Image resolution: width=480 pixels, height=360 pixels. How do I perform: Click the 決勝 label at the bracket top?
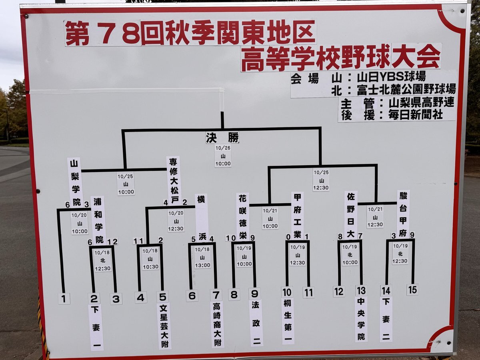tap(222, 138)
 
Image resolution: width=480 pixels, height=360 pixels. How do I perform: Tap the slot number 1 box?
tap(64, 298)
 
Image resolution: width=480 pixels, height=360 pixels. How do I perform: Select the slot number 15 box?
tap(413, 290)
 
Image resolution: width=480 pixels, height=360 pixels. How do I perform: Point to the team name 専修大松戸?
tap(174, 181)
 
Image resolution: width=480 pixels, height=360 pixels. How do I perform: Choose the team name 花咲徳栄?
tap(243, 217)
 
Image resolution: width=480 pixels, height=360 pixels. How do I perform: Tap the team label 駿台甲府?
tap(403, 214)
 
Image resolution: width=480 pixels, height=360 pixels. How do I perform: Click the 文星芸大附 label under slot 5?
tap(164, 326)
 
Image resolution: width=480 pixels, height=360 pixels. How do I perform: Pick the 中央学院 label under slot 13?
tap(361, 320)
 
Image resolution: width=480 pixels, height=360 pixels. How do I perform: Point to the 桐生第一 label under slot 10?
tap(288, 322)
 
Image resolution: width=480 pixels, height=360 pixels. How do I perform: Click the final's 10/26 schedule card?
tap(223, 156)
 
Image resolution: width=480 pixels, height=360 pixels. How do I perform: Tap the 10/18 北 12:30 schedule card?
tap(102, 260)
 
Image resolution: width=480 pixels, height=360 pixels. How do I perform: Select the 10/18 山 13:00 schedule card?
tap(202, 257)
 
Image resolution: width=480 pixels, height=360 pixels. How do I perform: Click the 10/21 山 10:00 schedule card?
tap(270, 218)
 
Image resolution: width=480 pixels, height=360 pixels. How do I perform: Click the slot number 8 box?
tap(234, 294)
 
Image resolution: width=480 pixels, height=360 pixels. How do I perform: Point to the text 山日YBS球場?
tap(392, 77)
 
